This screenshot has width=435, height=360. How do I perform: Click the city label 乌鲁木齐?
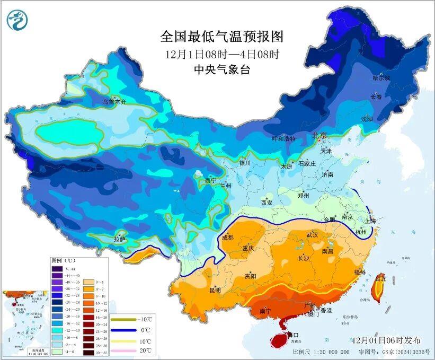114,101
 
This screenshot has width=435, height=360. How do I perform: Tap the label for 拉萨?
119,240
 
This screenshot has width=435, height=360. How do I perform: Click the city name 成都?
228,237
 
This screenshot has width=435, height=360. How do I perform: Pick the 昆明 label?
215,290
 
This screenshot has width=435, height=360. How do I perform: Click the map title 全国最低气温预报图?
222,37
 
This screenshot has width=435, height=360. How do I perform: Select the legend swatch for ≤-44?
56,269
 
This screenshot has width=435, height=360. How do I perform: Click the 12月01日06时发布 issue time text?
390,340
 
